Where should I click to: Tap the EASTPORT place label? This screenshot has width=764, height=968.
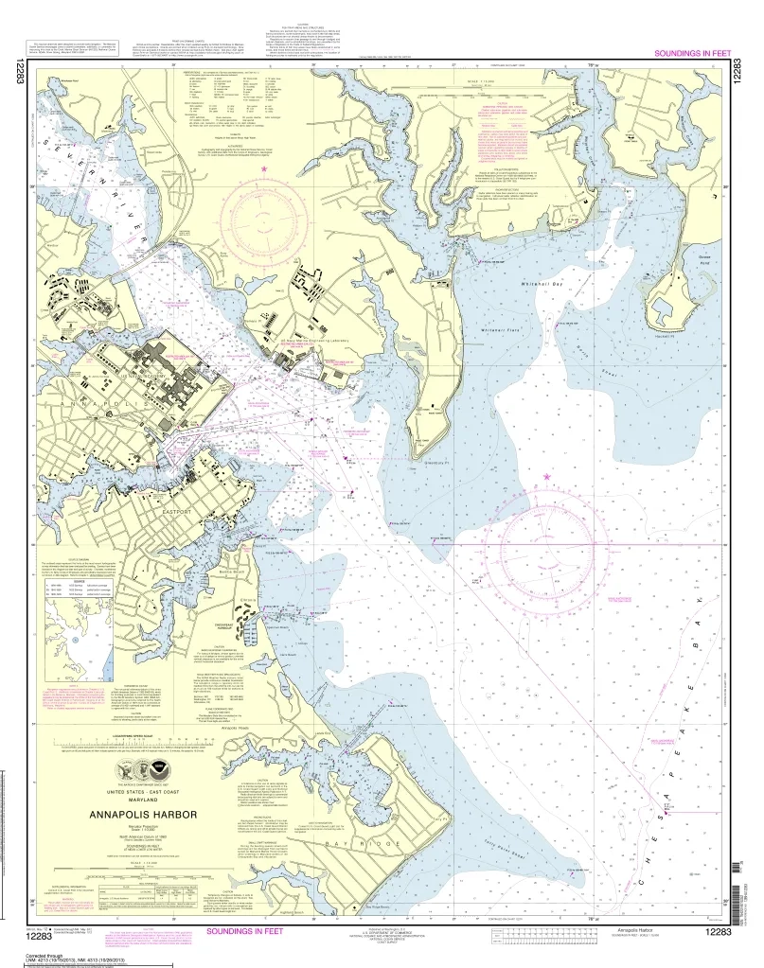click(x=177, y=512)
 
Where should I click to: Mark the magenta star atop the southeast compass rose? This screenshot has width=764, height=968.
click(x=546, y=477)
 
